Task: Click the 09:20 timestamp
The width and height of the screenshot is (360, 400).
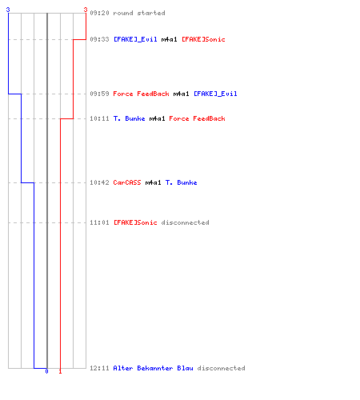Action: (x=99, y=13)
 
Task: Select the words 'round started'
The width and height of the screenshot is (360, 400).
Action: (x=139, y=13)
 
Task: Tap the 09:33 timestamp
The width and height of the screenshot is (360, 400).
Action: (x=99, y=39)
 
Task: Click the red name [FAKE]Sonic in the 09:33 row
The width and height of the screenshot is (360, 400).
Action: (x=203, y=39)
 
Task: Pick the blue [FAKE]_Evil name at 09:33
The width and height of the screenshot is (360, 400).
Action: (x=135, y=39)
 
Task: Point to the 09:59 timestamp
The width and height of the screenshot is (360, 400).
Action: (x=99, y=94)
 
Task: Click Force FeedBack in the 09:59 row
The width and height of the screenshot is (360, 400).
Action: (x=141, y=94)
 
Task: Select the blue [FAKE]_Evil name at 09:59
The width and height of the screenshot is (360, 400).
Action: (x=215, y=94)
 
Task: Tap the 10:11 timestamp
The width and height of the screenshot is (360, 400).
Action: (x=99, y=118)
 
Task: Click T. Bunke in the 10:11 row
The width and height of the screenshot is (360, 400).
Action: (x=130, y=118)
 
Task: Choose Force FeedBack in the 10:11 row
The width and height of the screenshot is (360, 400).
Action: (x=197, y=118)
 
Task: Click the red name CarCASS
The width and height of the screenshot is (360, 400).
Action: (x=127, y=182)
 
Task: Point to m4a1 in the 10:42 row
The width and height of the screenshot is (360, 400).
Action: (x=153, y=182)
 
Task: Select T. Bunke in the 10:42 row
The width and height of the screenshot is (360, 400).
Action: (x=182, y=182)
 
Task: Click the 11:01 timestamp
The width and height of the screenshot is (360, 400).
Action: (x=99, y=222)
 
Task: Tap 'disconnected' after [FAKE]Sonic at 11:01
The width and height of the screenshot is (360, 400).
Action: (x=185, y=222)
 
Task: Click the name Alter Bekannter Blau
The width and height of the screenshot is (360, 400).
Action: (x=153, y=368)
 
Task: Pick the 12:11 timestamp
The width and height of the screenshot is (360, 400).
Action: (x=99, y=368)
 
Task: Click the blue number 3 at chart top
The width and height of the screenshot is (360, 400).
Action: (x=8, y=10)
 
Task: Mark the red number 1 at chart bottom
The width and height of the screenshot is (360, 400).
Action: (x=60, y=371)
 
